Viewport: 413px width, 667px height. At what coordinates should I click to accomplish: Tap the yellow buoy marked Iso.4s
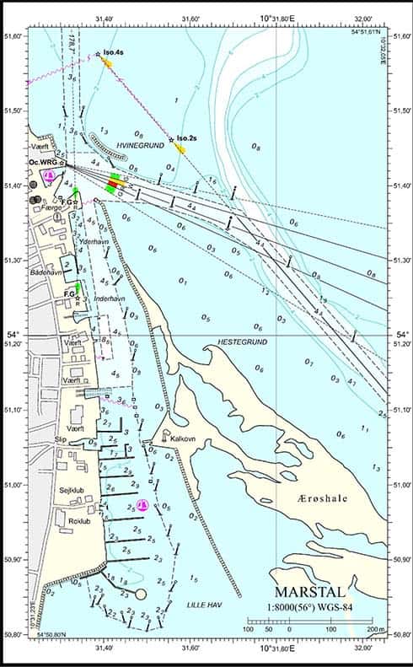pyautogui.click(x=107, y=61)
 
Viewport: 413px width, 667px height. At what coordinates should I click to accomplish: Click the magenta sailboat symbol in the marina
pyautogui.click(x=141, y=505)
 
